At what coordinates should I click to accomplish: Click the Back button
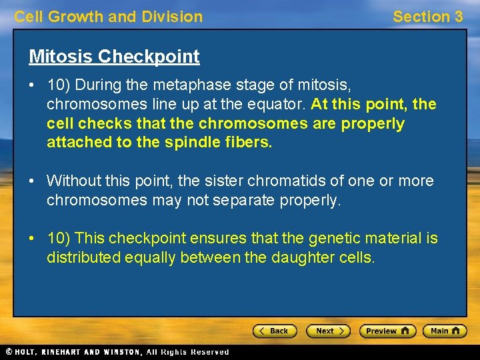pyautogui.click(x=274, y=331)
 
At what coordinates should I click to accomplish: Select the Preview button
pyautogui.click(x=387, y=331)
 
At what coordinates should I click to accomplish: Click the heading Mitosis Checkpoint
pyautogui.click(x=114, y=57)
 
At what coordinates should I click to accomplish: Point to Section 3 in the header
pyautogui.click(x=427, y=17)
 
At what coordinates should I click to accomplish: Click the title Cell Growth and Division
pyautogui.click(x=109, y=17)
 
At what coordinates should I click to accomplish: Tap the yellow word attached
pyautogui.click(x=77, y=142)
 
